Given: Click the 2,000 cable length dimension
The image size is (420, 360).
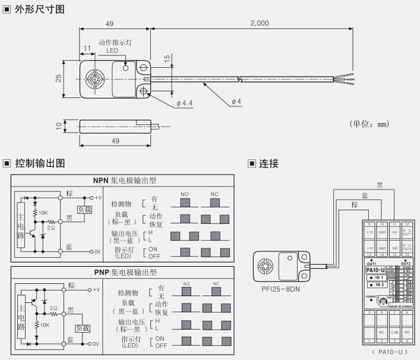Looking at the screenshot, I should (260, 23).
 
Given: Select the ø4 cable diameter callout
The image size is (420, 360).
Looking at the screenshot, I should (235, 101).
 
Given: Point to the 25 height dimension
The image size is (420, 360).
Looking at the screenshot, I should (59, 80).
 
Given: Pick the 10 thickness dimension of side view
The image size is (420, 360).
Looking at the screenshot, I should (59, 126).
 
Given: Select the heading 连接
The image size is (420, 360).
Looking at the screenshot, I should (269, 163).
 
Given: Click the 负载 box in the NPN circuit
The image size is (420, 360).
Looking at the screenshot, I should (85, 210).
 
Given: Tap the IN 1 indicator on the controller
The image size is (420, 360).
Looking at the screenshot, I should (377, 277).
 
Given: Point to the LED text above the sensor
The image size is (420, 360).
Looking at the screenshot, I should (112, 51).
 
